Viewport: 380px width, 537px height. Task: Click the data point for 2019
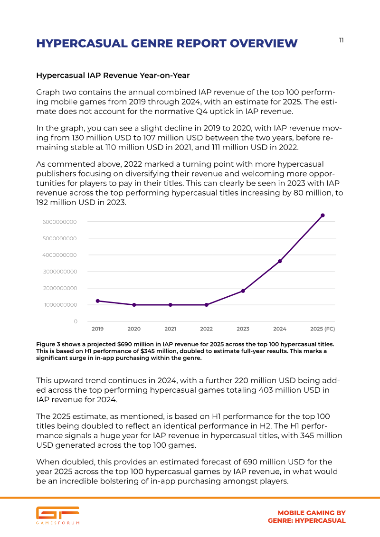coord(98,301)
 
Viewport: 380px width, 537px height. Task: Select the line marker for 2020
coord(134,305)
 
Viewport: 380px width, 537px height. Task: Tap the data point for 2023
coord(243,291)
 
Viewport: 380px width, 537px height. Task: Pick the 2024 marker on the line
coord(280,261)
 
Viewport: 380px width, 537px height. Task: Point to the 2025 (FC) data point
coord(323,216)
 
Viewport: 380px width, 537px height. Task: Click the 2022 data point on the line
coord(207,305)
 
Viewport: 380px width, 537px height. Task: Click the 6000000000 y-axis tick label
coord(60,222)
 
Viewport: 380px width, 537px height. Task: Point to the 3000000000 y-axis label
coord(60,272)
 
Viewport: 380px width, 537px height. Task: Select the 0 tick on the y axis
coord(76,321)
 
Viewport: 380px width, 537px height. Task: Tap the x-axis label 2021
coord(171,329)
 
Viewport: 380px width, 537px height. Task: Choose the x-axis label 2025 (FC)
coord(323,329)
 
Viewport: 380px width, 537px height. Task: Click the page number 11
coord(341,40)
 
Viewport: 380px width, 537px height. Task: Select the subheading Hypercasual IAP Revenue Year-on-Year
coord(113,75)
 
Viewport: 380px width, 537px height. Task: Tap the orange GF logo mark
coord(57,512)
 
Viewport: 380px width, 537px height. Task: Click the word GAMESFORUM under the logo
coord(57,523)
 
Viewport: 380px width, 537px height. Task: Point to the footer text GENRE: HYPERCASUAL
coord(307,520)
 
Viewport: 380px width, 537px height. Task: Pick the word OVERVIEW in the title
coord(264,44)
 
